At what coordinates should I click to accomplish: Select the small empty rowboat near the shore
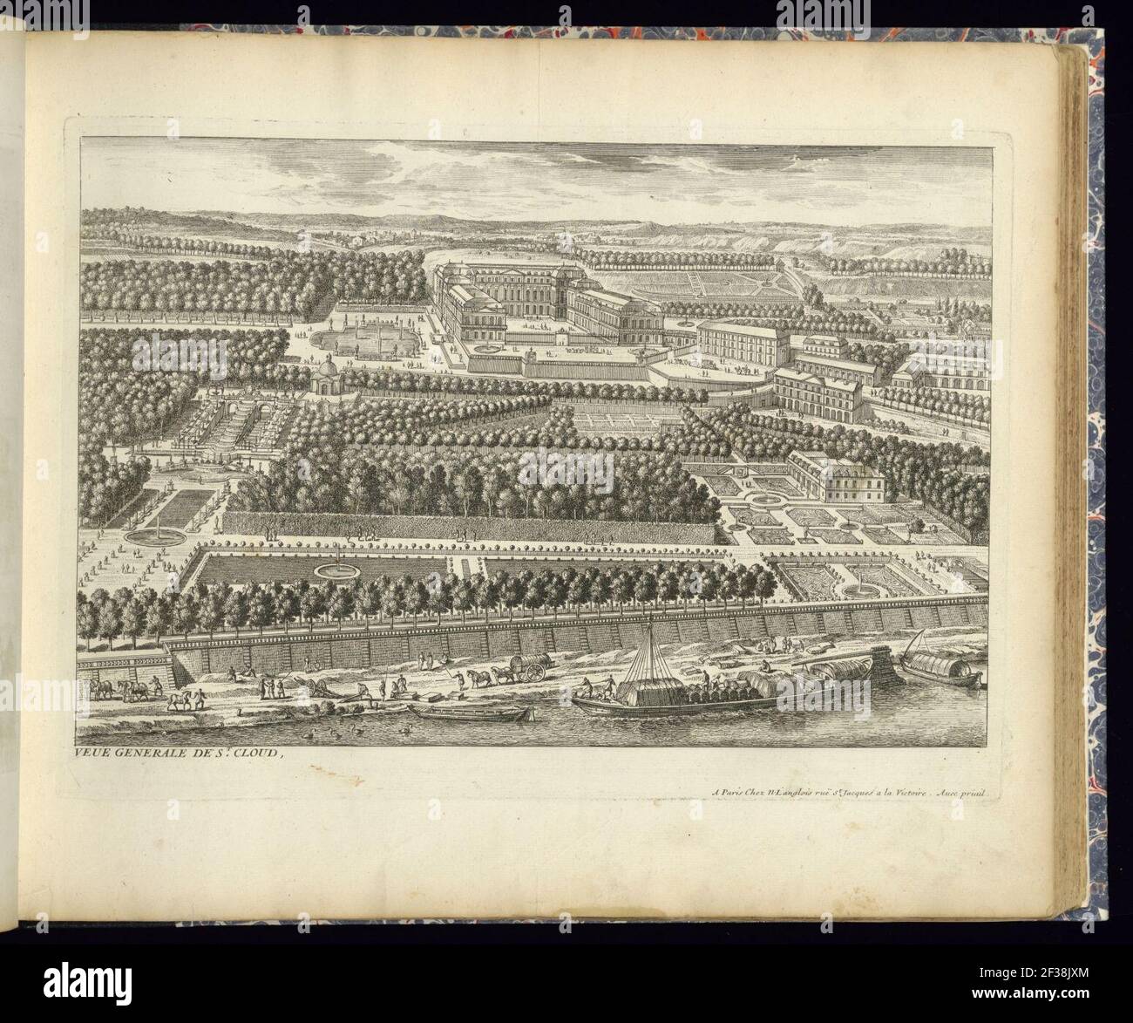pos(470,712)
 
